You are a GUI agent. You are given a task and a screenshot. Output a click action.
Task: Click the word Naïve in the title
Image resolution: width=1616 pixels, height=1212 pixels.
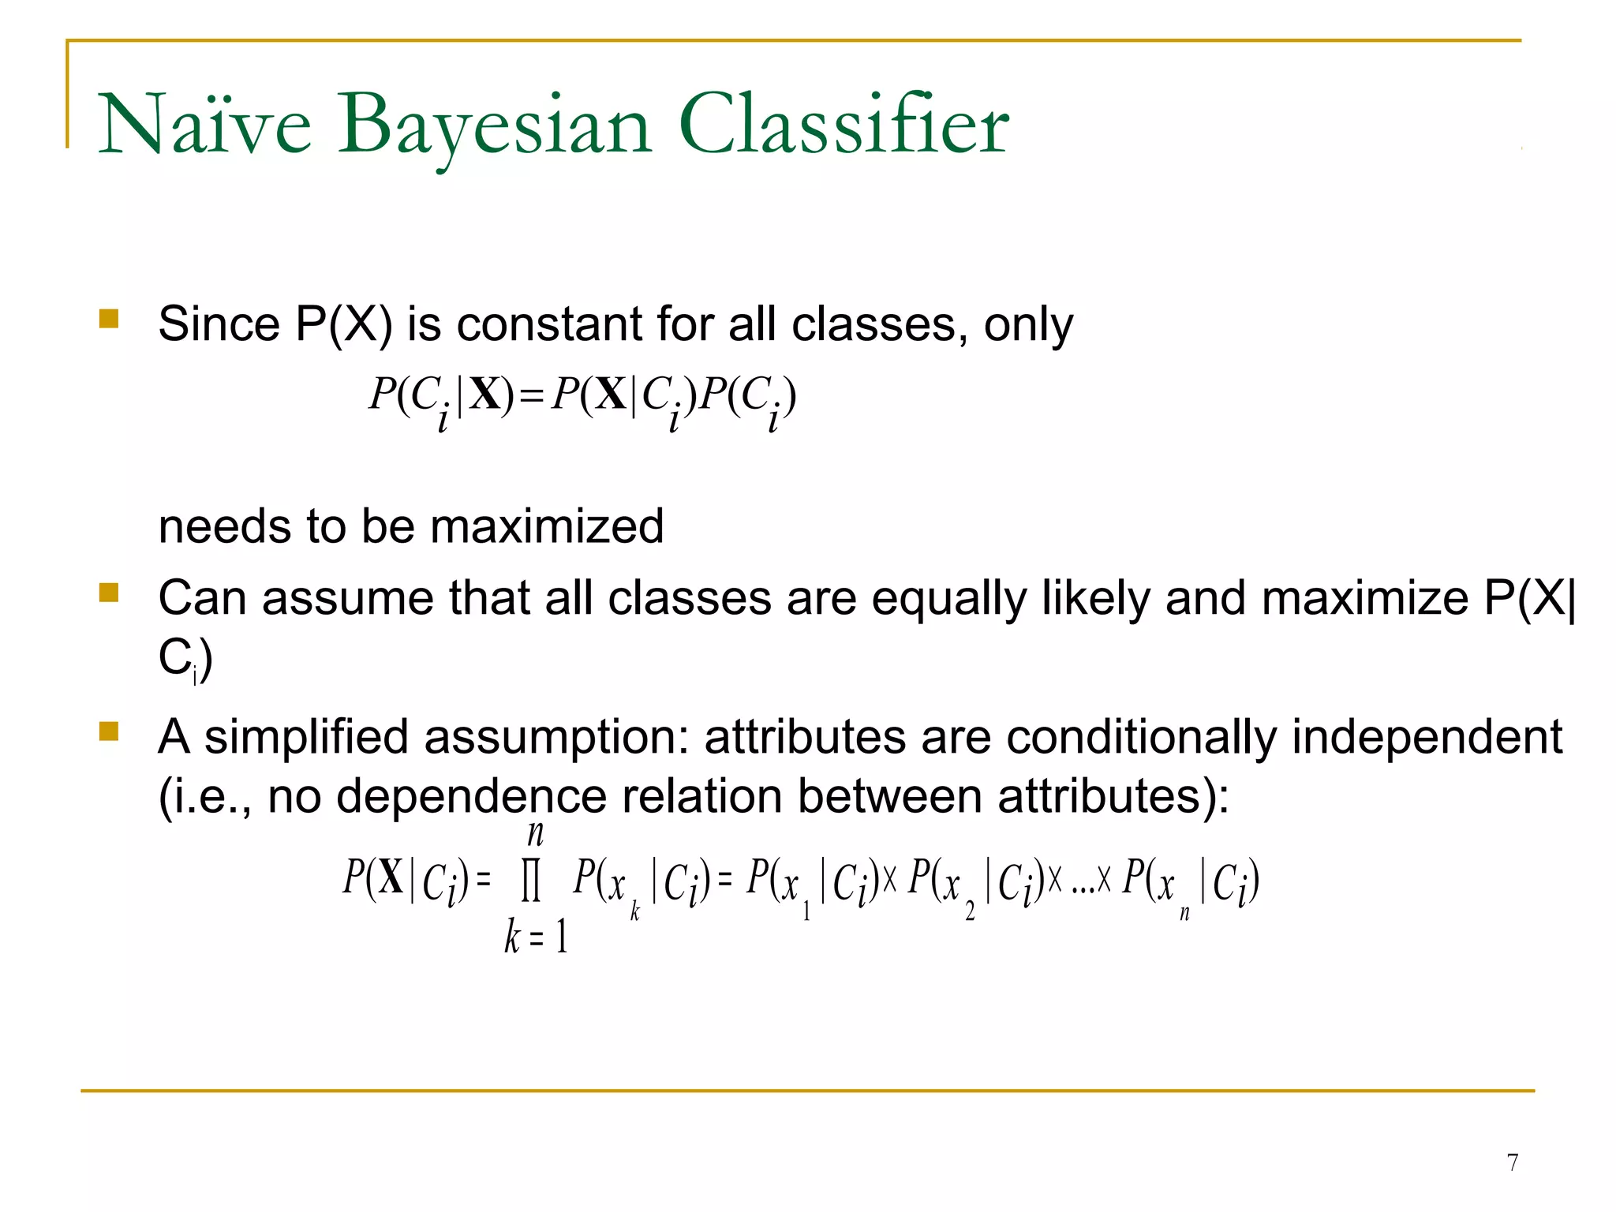pos(204,125)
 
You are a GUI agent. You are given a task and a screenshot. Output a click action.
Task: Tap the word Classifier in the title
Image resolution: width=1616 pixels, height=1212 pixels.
pos(843,124)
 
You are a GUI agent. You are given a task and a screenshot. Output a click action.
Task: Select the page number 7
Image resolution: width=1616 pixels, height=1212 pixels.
pos(1512,1162)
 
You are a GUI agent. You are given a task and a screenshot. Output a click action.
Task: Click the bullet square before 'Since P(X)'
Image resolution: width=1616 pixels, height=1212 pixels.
pos(109,319)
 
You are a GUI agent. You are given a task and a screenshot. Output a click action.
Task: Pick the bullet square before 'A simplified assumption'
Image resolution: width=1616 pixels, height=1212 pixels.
pos(109,731)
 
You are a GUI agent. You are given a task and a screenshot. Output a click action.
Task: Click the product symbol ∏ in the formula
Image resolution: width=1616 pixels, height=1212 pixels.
pos(532,881)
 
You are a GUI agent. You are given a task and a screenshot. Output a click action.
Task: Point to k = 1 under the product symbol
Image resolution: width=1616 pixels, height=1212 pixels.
pos(537,937)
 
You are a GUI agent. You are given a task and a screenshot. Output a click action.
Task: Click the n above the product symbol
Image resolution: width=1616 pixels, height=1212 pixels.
pos(535,833)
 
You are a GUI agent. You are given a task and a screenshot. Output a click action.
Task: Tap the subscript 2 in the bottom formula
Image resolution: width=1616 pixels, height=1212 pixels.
pos(970,912)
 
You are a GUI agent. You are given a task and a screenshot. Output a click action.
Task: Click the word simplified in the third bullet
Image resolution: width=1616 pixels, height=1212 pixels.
pos(306,738)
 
